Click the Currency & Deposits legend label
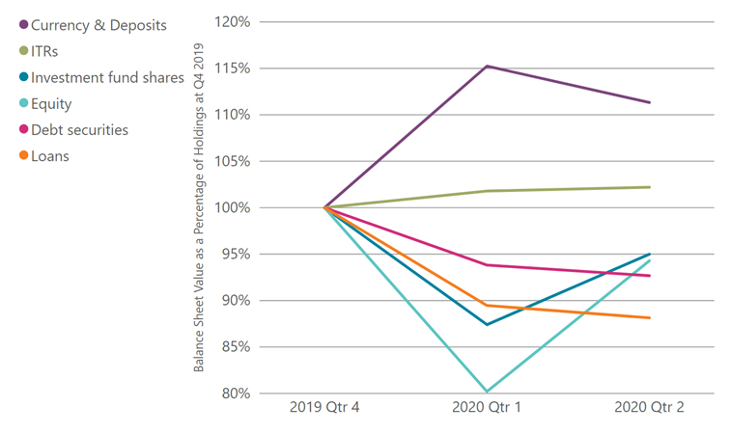coord(99,23)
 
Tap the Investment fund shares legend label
coord(107,77)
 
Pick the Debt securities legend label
coord(79,129)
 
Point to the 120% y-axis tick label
coord(233,21)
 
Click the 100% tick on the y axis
coord(233,207)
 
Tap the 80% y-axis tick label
coord(236,393)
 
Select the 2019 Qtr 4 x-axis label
coord(325,408)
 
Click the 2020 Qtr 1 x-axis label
coord(487,408)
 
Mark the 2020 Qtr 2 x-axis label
coord(649,408)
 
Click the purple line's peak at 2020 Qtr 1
coord(488,66)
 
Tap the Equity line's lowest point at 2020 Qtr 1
coord(488,392)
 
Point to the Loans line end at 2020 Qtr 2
coord(650,317)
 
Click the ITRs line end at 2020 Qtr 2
coord(650,187)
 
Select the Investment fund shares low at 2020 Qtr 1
coord(488,324)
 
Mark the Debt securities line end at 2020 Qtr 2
coord(650,276)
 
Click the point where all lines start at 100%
coord(325,207)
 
